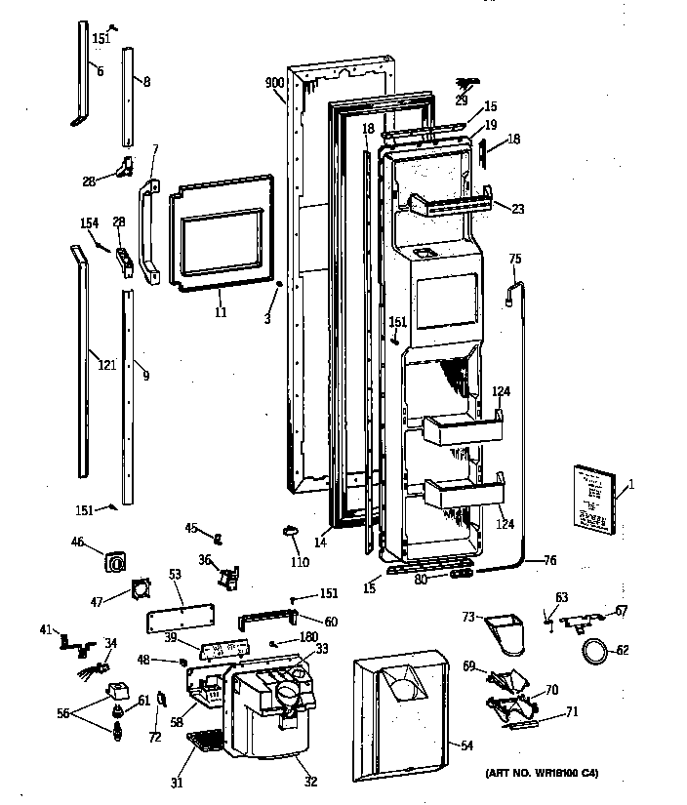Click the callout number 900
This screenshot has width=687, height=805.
pyautogui.click(x=274, y=83)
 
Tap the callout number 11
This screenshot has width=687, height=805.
pyautogui.click(x=221, y=312)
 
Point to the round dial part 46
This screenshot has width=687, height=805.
pyautogui.click(x=117, y=563)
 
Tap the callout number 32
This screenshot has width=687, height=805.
pyautogui.click(x=311, y=781)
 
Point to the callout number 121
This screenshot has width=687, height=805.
pyautogui.click(x=106, y=365)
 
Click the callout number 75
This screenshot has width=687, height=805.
pyautogui.click(x=515, y=259)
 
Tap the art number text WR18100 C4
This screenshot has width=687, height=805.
pyautogui.click(x=542, y=774)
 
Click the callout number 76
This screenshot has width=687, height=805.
pyautogui.click(x=549, y=560)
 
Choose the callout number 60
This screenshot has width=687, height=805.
pyautogui.click(x=331, y=622)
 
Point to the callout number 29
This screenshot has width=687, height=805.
pyautogui.click(x=461, y=101)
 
